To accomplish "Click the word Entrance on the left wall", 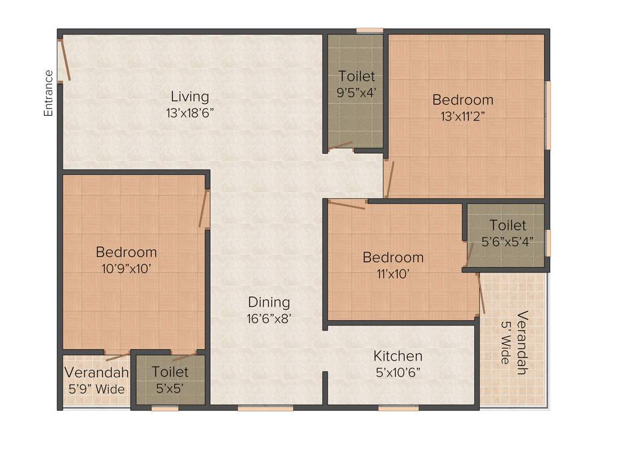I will (x=49, y=93).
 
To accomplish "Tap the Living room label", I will (x=190, y=96).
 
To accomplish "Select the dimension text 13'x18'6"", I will (x=190, y=113).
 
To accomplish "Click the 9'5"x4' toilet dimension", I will (x=356, y=92).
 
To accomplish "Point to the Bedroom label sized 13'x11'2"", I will (x=463, y=100).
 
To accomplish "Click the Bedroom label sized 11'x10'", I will (x=393, y=257).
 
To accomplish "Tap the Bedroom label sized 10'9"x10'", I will (x=127, y=252).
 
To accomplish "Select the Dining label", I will (x=269, y=302).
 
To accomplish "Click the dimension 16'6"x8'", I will (x=269, y=319).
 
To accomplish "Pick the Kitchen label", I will (x=398, y=356).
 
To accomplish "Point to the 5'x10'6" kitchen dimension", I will (x=398, y=372).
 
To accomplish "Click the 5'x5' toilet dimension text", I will (x=170, y=389).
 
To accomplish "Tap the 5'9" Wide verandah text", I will (x=97, y=389).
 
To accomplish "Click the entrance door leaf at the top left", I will (x=64, y=60).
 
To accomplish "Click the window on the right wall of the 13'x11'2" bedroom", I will (x=548, y=115).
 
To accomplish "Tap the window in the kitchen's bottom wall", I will (x=398, y=408).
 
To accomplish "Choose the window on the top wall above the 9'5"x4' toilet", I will (x=369, y=30).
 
